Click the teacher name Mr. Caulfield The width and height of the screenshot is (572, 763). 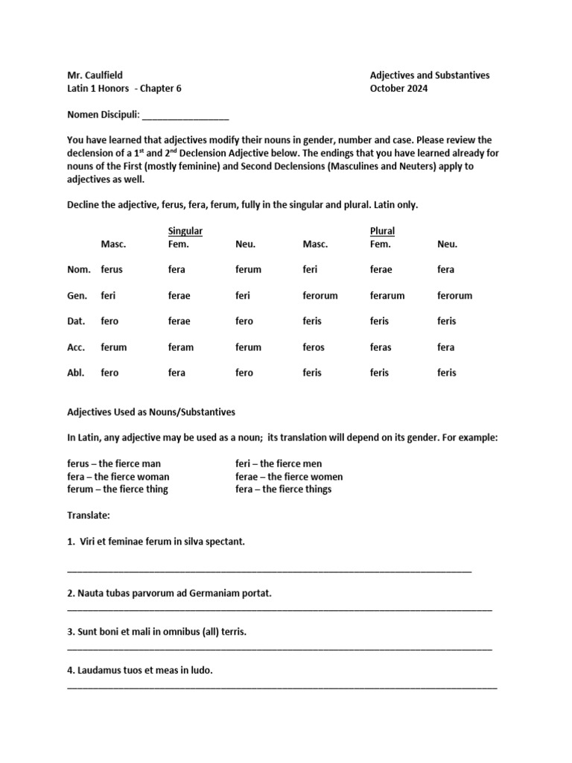click(95, 75)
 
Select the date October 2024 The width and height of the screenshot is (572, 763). click(399, 89)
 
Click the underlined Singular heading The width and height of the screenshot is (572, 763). click(185, 231)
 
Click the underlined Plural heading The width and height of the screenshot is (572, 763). click(382, 231)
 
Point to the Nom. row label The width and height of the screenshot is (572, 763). click(79, 270)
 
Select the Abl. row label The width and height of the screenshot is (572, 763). click(77, 373)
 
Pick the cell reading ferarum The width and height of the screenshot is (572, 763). click(387, 296)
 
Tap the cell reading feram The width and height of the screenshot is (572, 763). click(181, 347)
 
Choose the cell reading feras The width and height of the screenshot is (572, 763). click(381, 347)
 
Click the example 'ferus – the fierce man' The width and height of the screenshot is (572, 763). click(114, 463)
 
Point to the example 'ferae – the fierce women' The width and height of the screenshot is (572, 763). click(289, 477)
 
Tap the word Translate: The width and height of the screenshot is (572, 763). click(89, 515)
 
